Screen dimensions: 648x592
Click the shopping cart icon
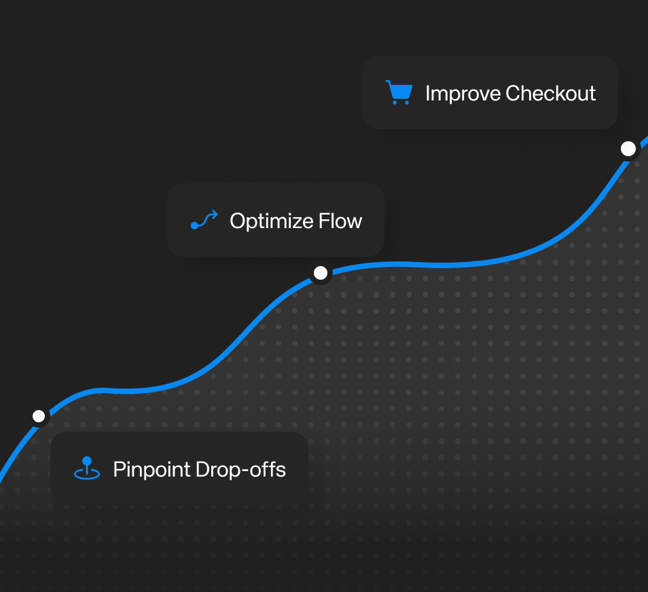[x=399, y=92]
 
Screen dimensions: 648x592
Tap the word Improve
[x=463, y=94]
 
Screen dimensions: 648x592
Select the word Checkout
[x=550, y=94]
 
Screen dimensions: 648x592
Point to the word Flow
[x=340, y=221]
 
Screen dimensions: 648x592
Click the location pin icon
[x=87, y=468]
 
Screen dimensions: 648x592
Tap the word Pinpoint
[x=151, y=470]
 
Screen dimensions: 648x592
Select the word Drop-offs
[x=240, y=469]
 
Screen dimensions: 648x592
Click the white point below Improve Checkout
[x=628, y=149]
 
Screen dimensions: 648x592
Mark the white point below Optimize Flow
[x=321, y=273]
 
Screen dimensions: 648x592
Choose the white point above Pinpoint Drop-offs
[x=39, y=416]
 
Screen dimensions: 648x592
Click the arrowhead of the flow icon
[x=215, y=214]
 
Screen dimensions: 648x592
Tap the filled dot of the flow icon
[x=194, y=225]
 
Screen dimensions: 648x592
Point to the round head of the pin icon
[x=87, y=460]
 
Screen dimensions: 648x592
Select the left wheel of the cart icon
[x=395, y=102]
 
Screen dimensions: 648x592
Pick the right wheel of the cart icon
[x=407, y=102]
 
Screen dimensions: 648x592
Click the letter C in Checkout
[x=514, y=94]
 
